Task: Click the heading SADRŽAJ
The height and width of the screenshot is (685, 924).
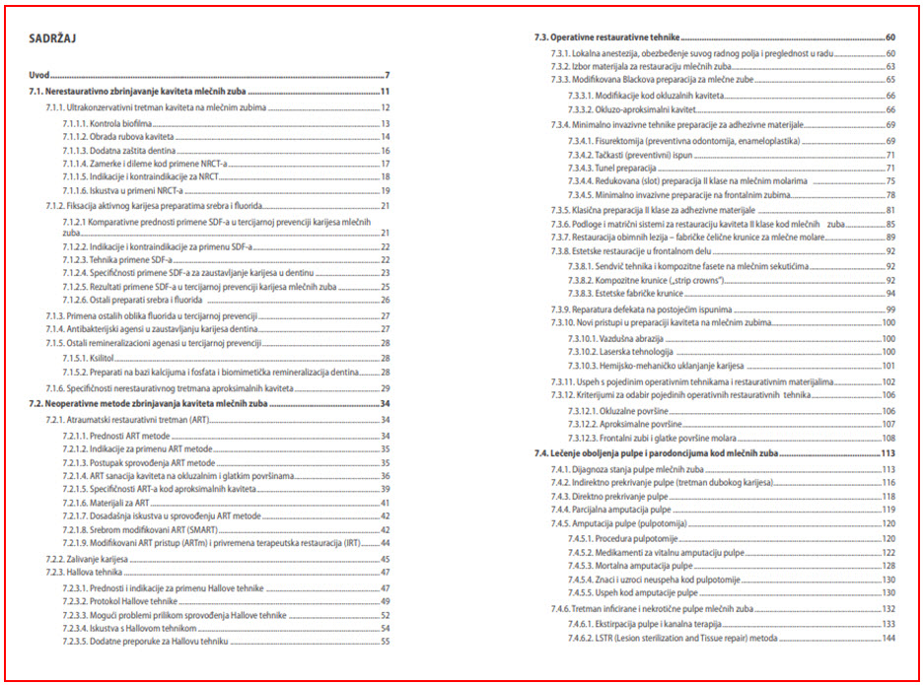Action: click(x=54, y=38)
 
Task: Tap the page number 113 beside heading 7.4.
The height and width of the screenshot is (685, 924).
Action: click(x=888, y=453)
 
